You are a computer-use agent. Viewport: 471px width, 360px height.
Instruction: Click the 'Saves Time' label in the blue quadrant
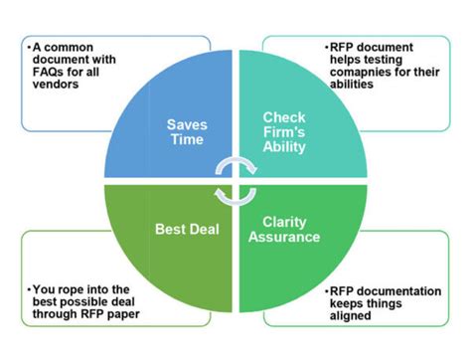coord(186,131)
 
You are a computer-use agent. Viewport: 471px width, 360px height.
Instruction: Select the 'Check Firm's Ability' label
coord(283,131)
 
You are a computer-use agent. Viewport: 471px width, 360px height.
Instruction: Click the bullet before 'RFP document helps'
coord(327,46)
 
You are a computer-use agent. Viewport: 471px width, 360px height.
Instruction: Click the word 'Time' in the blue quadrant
coord(186,139)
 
